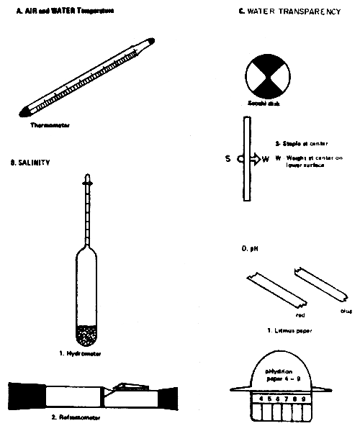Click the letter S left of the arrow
[228, 158]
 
